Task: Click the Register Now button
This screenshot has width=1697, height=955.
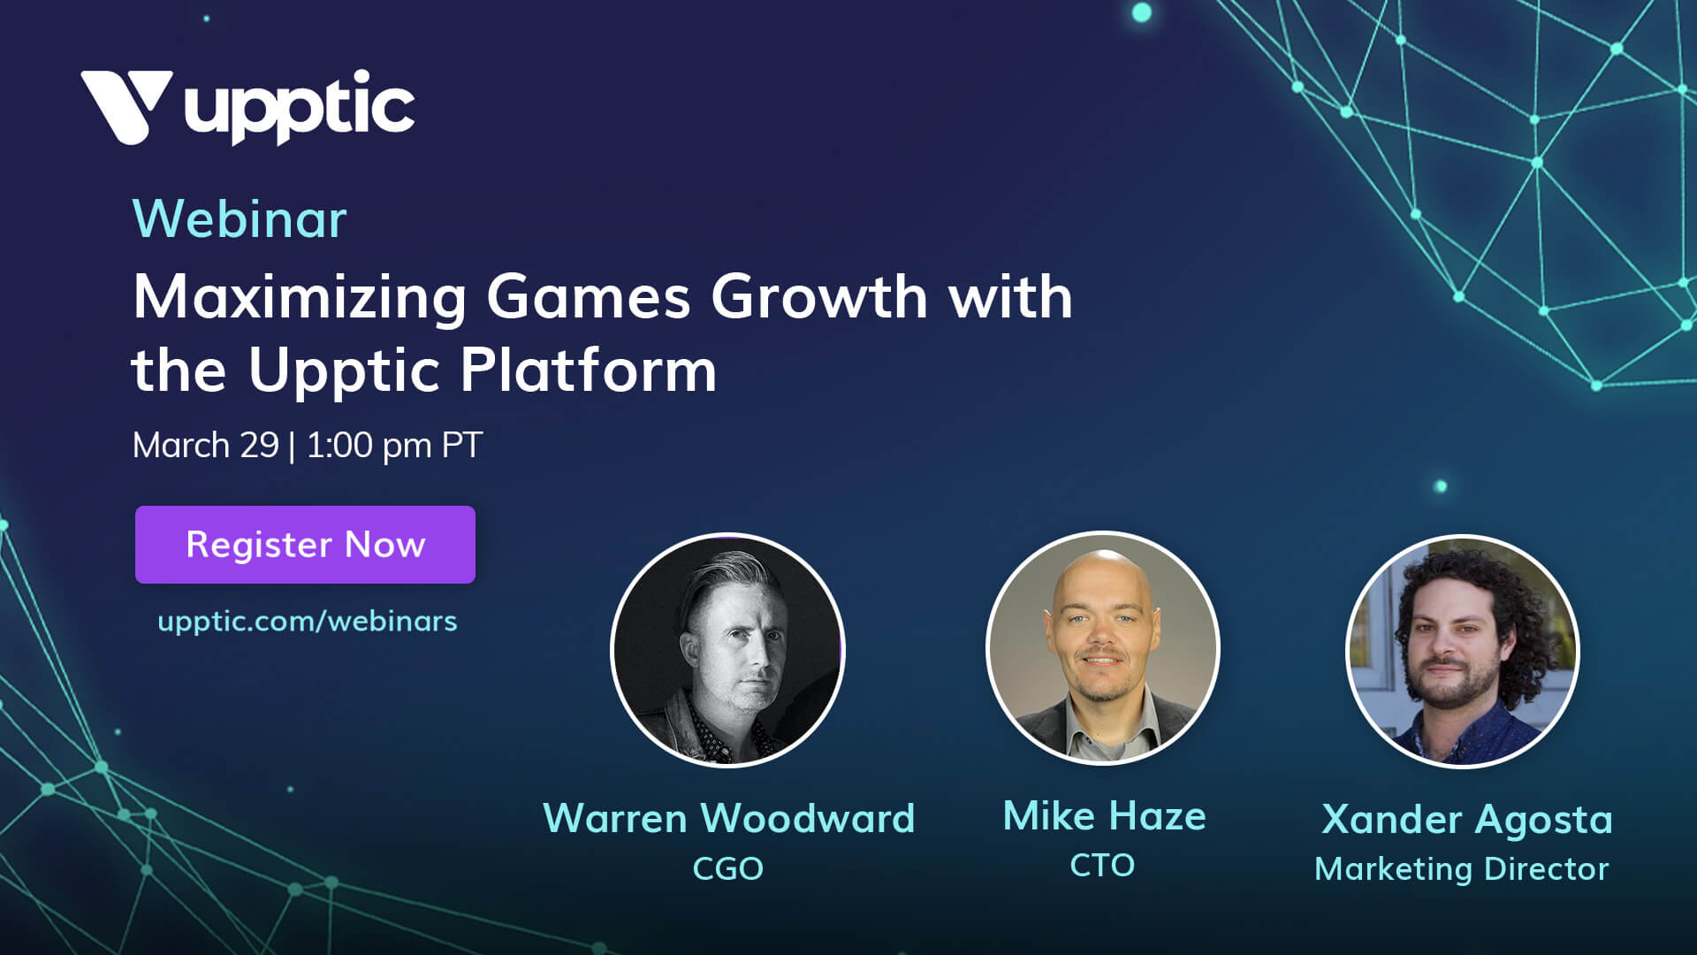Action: tap(305, 545)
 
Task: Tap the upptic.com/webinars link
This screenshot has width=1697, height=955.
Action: tap(308, 622)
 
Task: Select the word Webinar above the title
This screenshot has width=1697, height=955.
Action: tap(240, 218)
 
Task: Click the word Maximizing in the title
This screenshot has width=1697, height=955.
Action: tap(300, 298)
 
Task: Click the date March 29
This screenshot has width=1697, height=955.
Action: tap(206, 445)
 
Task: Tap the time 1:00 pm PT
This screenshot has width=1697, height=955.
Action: tap(394, 445)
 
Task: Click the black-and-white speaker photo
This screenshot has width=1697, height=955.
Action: tap(727, 650)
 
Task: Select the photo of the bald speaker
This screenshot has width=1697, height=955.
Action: tap(1103, 648)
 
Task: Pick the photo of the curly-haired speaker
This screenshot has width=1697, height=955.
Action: tap(1463, 652)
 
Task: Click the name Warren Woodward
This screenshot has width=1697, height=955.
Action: tap(728, 818)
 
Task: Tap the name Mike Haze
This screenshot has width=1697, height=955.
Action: tap(1104, 815)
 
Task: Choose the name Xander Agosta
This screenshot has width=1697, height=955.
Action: tap(1467, 820)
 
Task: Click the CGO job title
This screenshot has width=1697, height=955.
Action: tap(727, 868)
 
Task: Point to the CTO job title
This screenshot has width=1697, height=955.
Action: tap(1102, 865)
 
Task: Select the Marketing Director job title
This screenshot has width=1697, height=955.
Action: tap(1462, 869)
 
